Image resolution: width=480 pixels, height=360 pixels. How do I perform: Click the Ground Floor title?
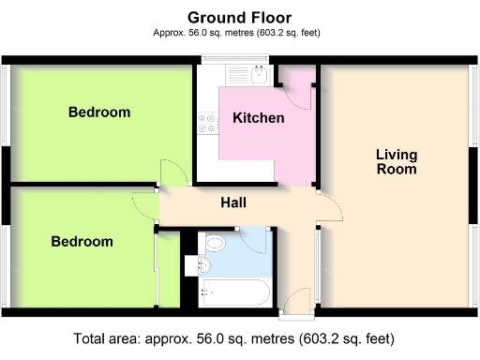(x=239, y=17)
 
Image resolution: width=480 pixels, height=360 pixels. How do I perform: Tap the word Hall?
(x=233, y=202)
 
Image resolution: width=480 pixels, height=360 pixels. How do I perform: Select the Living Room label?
(x=396, y=161)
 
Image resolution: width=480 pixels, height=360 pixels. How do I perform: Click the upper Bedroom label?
(x=99, y=112)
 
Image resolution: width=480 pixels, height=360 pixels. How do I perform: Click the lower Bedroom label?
(x=82, y=241)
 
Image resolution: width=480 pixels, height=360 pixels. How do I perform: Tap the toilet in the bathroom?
(x=215, y=245)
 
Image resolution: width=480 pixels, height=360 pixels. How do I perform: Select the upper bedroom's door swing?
(x=172, y=172)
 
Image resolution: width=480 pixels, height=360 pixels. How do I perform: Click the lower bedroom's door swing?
(x=146, y=205)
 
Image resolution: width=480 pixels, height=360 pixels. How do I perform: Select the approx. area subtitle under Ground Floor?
(x=239, y=34)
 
